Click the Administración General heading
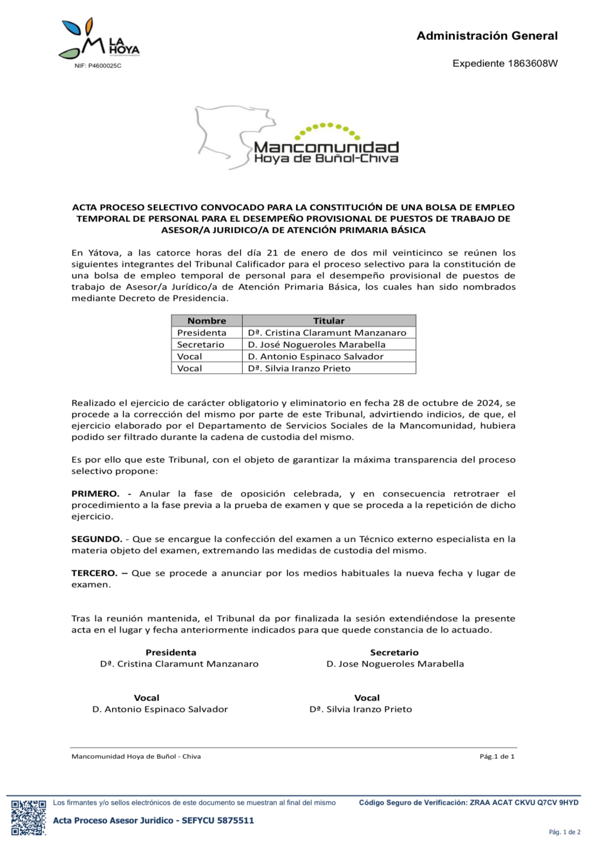coord(487,36)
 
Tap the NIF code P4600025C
coord(105,66)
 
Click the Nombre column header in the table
coord(207,321)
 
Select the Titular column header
coord(329,321)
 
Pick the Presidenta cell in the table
coord(202,333)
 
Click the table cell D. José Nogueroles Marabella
coord(317,345)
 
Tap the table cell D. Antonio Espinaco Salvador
coord(316,356)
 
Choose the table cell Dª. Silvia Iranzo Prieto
coord(299,368)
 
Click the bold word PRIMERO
coord(96,494)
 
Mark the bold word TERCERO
coord(94,573)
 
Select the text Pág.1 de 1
coord(497,756)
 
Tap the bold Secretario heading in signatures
coord(394,653)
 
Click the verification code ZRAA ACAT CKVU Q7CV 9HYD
coord(524,803)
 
